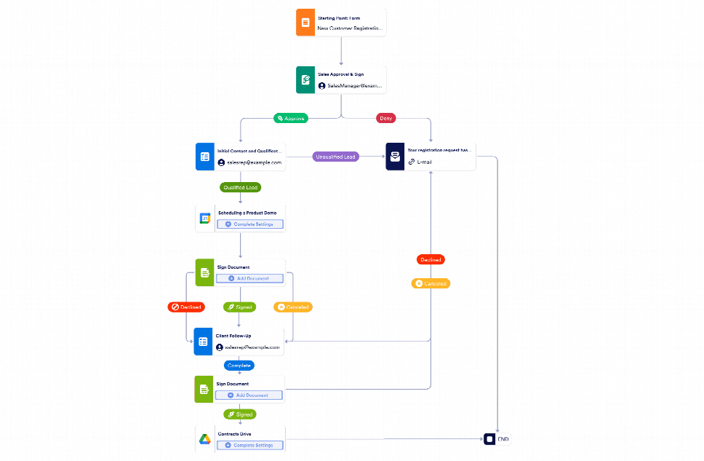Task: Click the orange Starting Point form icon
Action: (305, 23)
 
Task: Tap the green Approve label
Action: (290, 117)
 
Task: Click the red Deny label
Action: (385, 117)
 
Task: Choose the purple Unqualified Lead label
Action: (335, 157)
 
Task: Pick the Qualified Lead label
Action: (240, 187)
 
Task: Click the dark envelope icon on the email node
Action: (394, 157)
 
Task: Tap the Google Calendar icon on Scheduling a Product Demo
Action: (204, 218)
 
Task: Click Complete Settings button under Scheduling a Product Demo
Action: (249, 224)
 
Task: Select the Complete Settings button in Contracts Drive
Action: (249, 445)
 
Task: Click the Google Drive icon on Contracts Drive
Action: (204, 439)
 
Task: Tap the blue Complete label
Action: (239, 365)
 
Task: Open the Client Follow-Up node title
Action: (233, 336)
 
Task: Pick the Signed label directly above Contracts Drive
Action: (239, 414)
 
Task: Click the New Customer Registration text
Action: (350, 28)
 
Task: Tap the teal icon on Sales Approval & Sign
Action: (305, 80)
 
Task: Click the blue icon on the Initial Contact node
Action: (204, 157)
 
